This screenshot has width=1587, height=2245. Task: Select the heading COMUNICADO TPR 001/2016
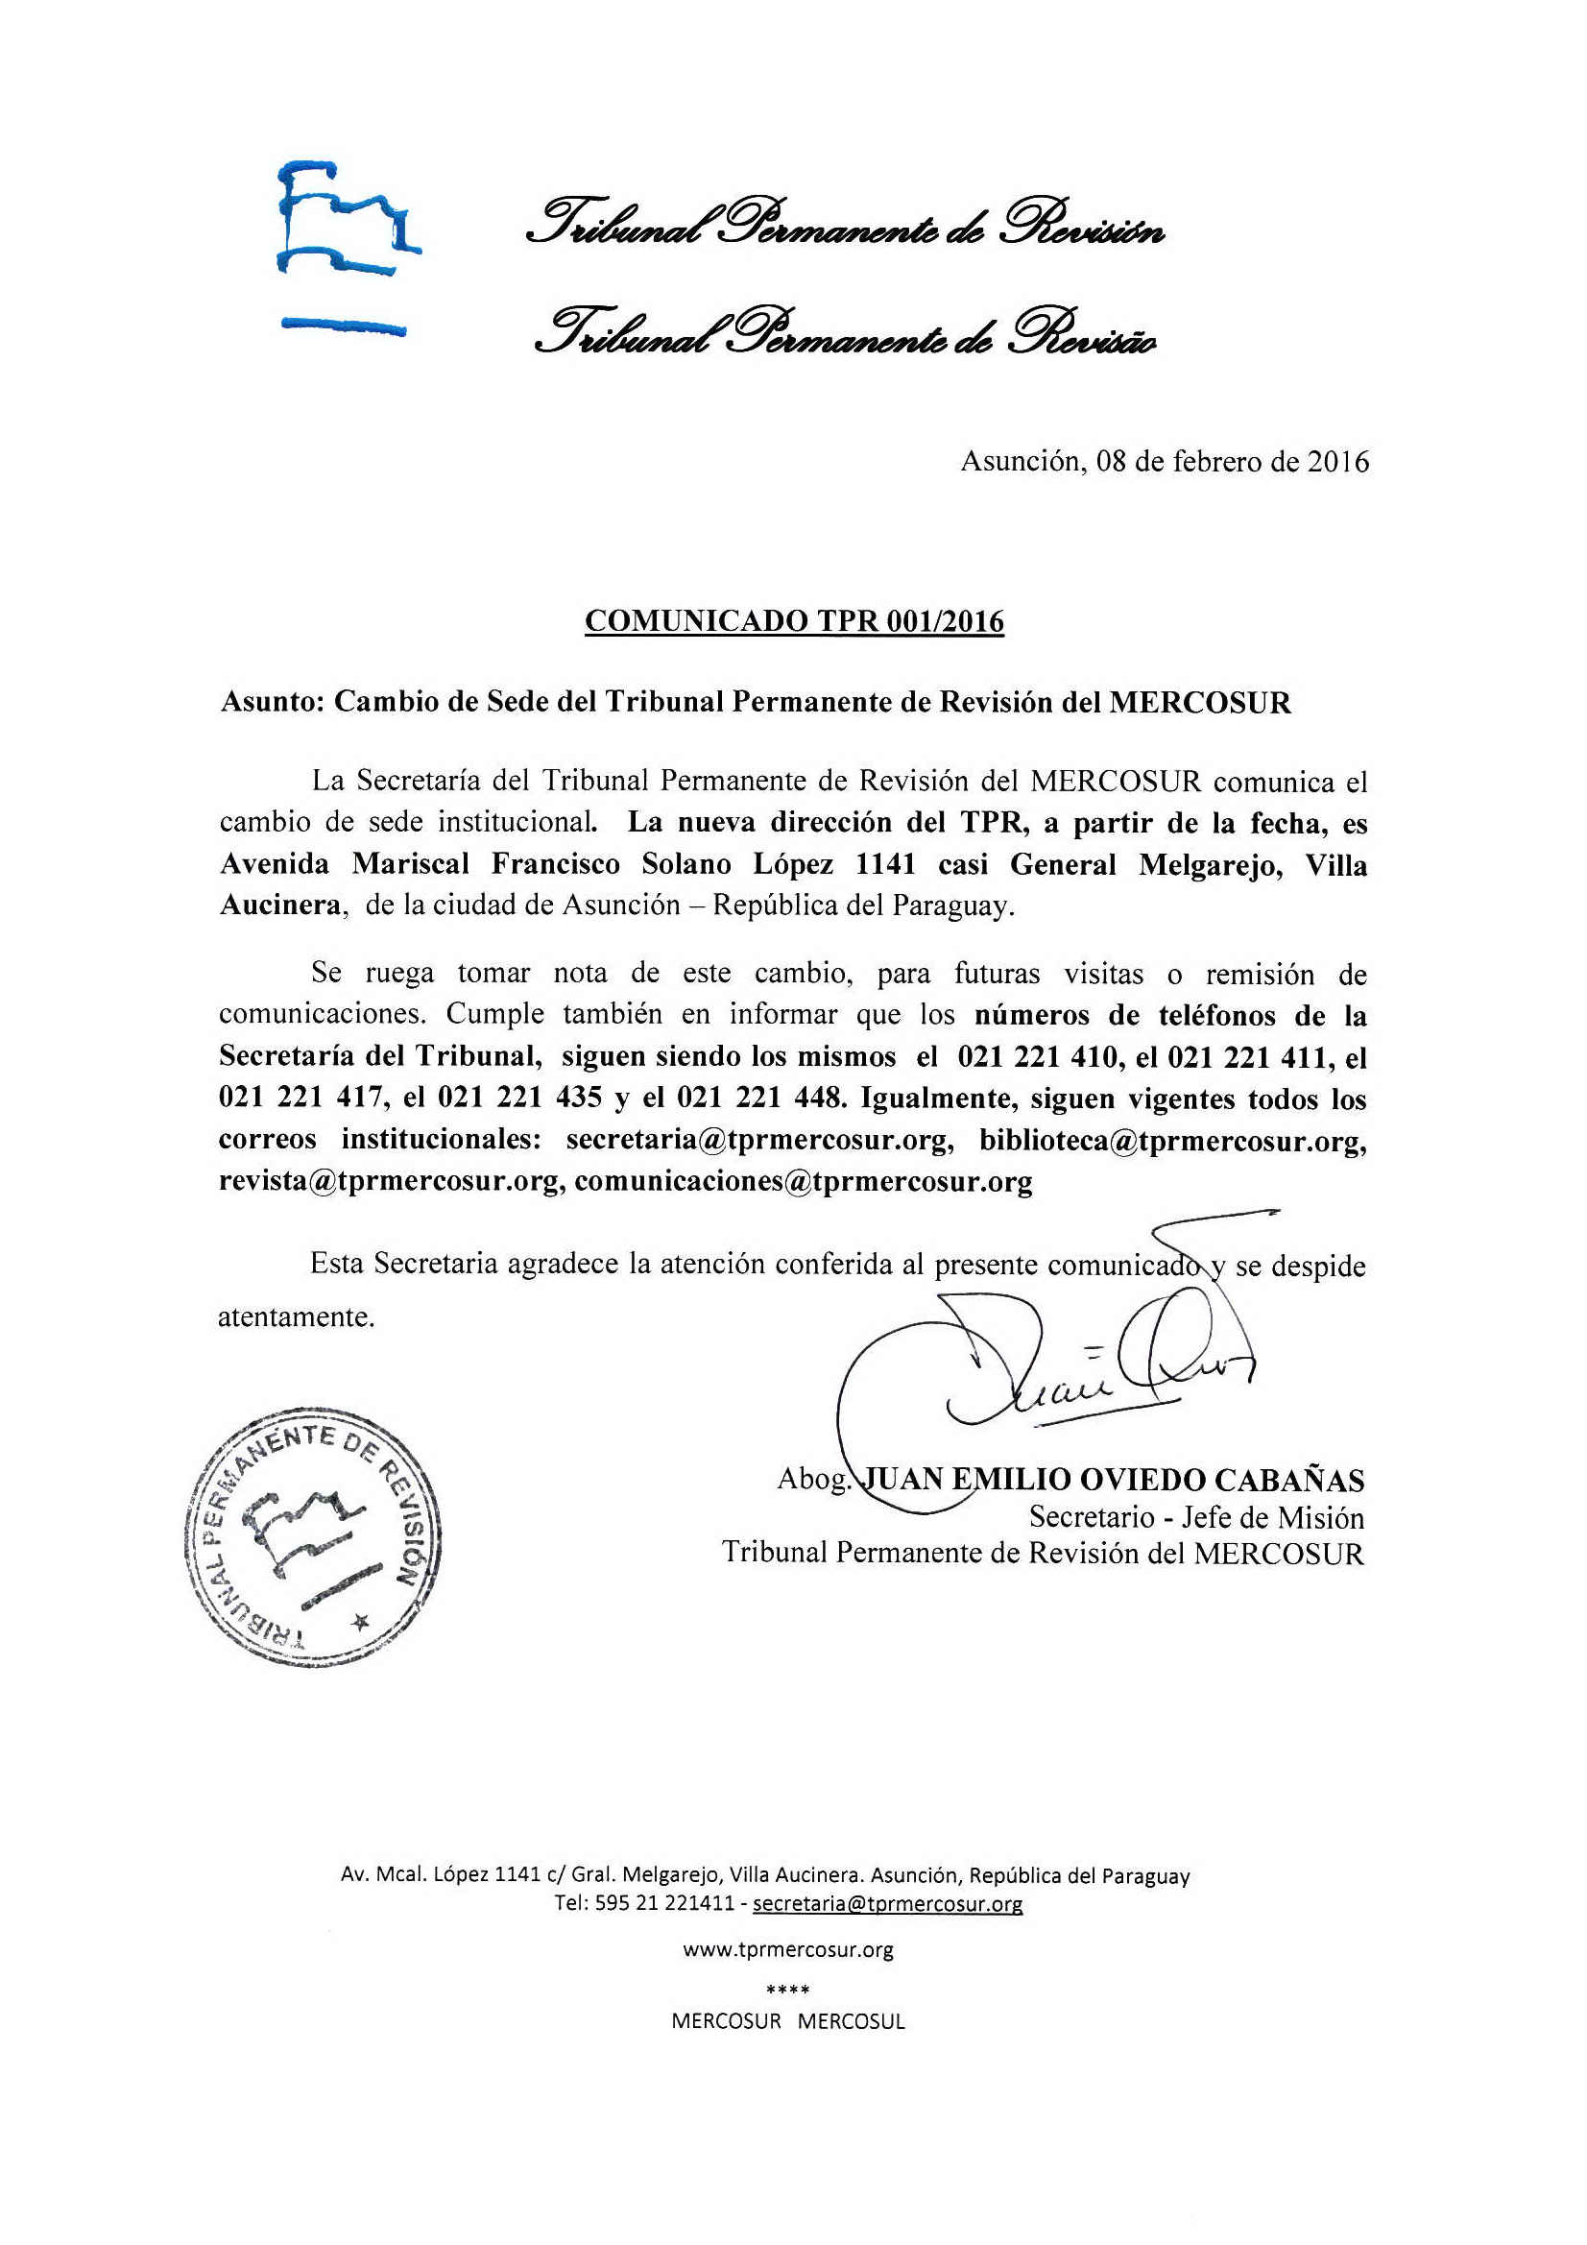pyautogui.click(x=794, y=621)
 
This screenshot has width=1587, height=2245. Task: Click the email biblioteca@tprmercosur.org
pyautogui.click(x=1171, y=1140)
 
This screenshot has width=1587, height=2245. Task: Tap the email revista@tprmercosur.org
pyautogui.click(x=391, y=1181)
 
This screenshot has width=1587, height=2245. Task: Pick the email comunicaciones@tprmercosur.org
pyautogui.click(x=803, y=1181)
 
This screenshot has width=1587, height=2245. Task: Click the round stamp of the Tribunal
pyautogui.click(x=312, y=1538)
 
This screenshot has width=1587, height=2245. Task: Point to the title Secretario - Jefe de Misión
pyautogui.click(x=1196, y=1517)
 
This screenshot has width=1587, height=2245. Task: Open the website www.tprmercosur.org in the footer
pyautogui.click(x=788, y=1949)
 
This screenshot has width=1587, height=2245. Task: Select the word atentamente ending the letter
pyautogui.click(x=296, y=1317)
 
